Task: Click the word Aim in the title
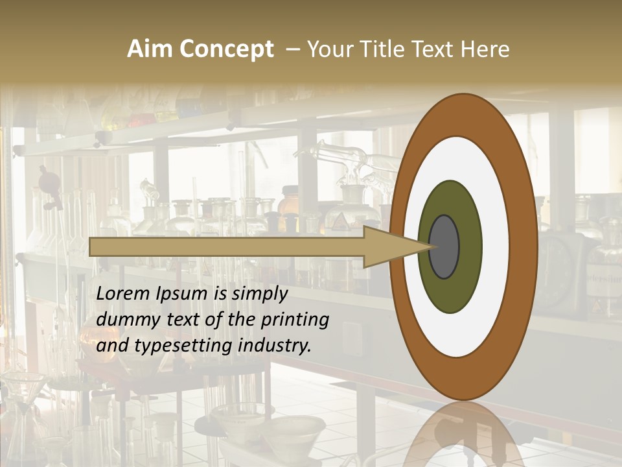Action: pyautogui.click(x=150, y=49)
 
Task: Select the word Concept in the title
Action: pyautogui.click(x=226, y=49)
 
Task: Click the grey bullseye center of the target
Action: pyautogui.click(x=444, y=247)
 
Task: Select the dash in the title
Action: pyautogui.click(x=293, y=49)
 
